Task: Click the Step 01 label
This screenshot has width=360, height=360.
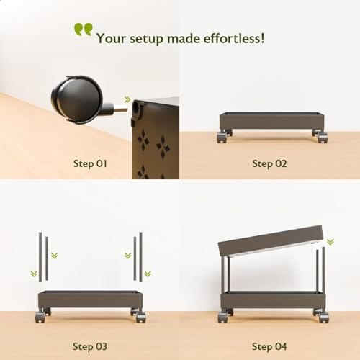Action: pyautogui.click(x=90, y=163)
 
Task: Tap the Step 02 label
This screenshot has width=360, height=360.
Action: pyautogui.click(x=269, y=163)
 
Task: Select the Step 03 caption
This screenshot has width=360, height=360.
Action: pyautogui.click(x=90, y=346)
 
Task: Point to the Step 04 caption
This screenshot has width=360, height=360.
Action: pyautogui.click(x=269, y=346)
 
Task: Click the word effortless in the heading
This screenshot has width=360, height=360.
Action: pyautogui.click(x=234, y=38)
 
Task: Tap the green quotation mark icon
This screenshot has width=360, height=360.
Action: pyautogui.click(x=84, y=30)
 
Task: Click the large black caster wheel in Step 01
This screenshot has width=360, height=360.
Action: pyautogui.click(x=77, y=99)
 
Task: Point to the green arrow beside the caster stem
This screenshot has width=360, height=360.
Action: pyautogui.click(x=127, y=99)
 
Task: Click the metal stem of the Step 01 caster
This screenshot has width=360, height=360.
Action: pyautogui.click(x=120, y=109)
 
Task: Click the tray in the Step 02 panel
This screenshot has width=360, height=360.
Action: pyautogui.click(x=272, y=121)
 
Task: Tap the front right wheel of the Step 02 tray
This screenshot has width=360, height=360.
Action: pyautogui.click(x=322, y=138)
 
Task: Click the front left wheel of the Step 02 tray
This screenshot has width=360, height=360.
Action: pyautogui.click(x=222, y=138)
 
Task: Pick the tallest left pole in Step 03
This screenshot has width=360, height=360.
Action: pyautogui.click(x=40, y=257)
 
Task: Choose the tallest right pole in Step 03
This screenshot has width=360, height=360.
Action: pyautogui.click(x=140, y=257)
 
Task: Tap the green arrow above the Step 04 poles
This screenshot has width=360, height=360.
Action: pyautogui.click(x=330, y=242)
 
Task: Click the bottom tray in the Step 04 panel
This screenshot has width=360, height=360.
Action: pyautogui.click(x=273, y=300)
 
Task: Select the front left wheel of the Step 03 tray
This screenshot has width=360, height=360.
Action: pyautogui.click(x=40, y=318)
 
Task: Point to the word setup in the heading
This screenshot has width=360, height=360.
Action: pyautogui.click(x=146, y=39)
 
